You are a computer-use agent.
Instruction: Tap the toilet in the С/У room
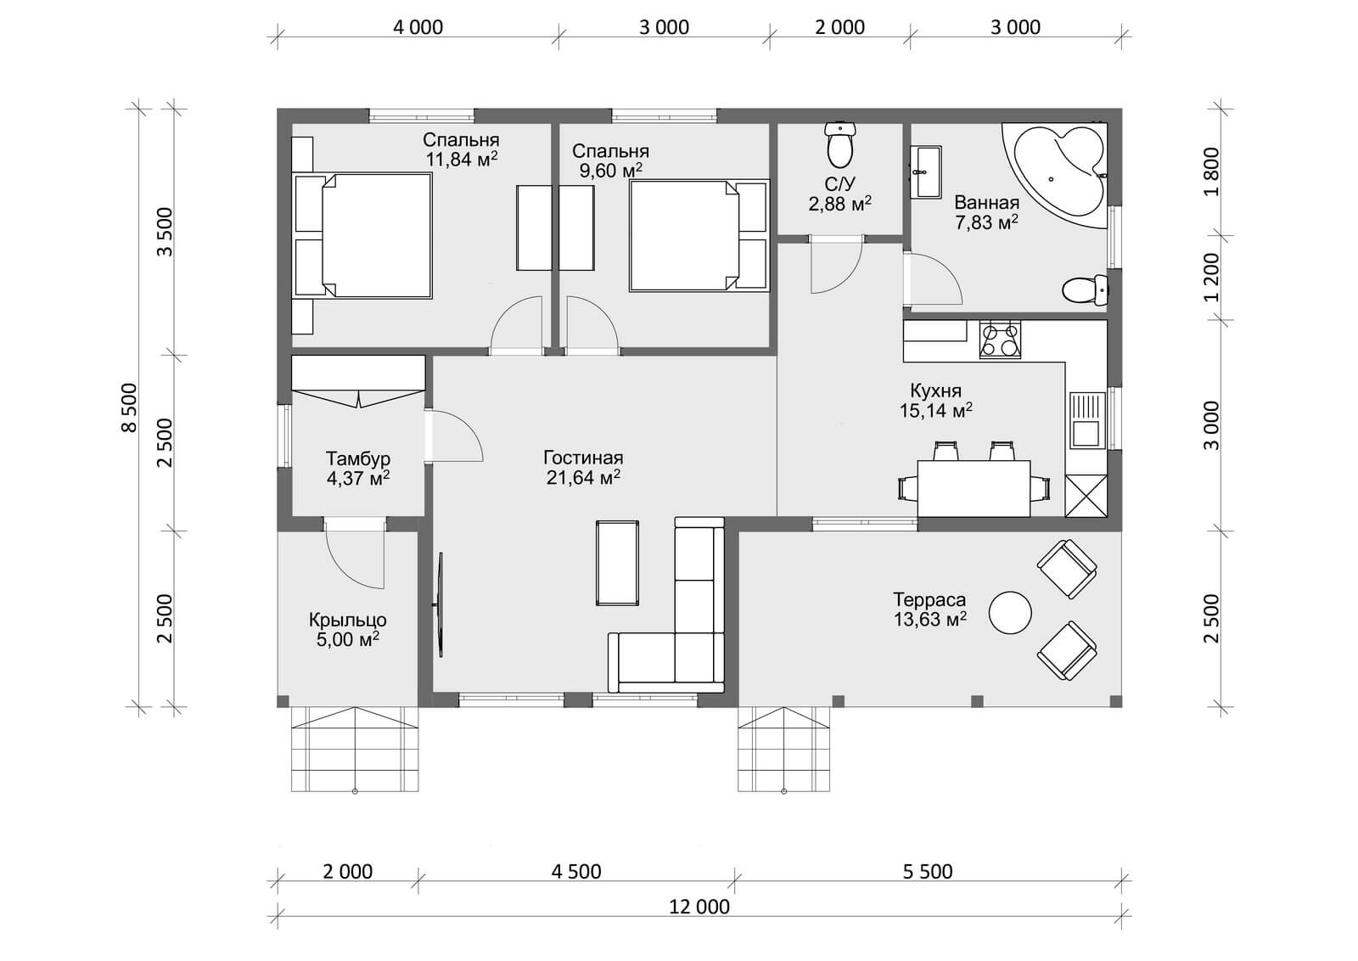click(839, 144)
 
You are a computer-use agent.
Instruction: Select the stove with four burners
click(1001, 340)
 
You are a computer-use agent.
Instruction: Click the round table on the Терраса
click(1010, 613)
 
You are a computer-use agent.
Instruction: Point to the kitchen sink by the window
click(1087, 420)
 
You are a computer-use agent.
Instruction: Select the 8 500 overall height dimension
click(130, 407)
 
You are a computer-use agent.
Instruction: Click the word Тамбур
click(357, 458)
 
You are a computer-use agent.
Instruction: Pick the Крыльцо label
click(348, 620)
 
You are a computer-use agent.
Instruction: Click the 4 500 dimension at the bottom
click(576, 871)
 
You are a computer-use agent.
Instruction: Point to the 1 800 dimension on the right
click(1211, 171)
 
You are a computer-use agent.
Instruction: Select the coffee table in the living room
click(617, 563)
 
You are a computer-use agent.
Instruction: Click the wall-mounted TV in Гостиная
click(440, 604)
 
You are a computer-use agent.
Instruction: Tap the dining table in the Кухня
click(974, 489)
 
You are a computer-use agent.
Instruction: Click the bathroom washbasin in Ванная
click(925, 172)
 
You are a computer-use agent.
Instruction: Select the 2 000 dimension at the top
click(839, 27)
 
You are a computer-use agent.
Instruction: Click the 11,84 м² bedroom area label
click(462, 160)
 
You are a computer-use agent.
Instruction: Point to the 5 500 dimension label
click(928, 871)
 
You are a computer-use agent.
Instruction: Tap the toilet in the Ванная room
click(1086, 290)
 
